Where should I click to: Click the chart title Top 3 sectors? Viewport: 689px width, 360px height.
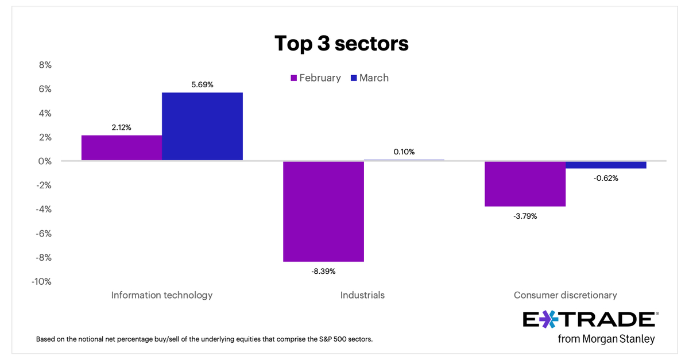coord(341,44)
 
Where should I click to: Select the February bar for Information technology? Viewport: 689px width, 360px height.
coord(122,148)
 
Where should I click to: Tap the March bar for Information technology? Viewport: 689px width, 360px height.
coord(202,126)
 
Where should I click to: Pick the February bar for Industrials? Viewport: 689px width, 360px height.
coord(323,211)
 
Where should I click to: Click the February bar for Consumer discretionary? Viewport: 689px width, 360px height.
coord(525,184)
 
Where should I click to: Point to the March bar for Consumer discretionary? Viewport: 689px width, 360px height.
coord(606,165)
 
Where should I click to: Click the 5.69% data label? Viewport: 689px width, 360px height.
coord(202,84)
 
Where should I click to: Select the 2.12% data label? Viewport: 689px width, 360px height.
coord(121,127)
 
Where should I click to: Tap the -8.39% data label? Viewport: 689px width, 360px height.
coord(323,270)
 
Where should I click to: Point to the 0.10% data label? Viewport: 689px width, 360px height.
coord(404,152)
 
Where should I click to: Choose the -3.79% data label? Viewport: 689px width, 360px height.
coord(525,216)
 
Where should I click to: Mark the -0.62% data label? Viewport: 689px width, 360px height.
coord(606,178)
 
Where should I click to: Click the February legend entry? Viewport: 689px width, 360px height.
coord(315,78)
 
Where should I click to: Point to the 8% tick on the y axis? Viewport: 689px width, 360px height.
coord(45,65)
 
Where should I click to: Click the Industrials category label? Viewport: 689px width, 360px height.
coord(362,295)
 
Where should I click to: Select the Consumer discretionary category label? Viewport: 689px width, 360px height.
coord(565,295)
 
